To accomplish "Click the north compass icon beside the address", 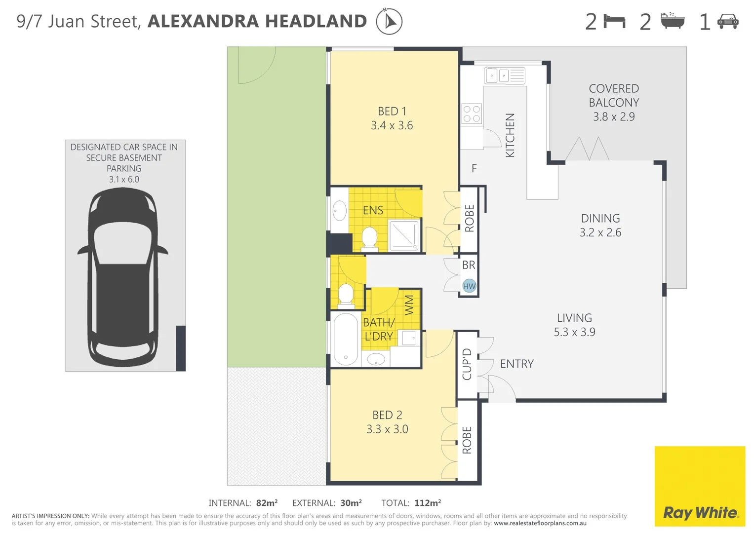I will click(389, 22).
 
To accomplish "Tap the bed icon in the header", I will click(614, 22).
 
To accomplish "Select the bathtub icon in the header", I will click(673, 21).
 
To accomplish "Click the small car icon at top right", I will click(728, 22).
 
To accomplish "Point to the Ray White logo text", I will click(700, 513).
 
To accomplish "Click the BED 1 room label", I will click(392, 112).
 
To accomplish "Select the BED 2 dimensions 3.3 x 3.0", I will click(387, 429).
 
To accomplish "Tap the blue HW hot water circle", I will click(469, 286).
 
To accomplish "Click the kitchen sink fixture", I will click(504, 76).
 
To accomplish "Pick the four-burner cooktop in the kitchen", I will click(472, 114).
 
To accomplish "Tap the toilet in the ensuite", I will click(369, 238).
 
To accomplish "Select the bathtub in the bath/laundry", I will click(346, 339).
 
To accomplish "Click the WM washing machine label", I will click(409, 305).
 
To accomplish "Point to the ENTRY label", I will click(516, 364).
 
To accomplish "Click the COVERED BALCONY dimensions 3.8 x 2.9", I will click(614, 117).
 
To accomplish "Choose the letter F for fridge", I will click(474, 169).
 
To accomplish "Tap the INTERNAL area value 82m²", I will click(267, 503).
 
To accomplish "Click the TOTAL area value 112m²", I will click(427, 503).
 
